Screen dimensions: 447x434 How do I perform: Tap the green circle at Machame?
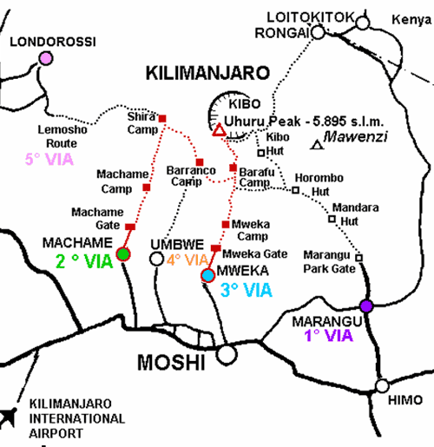point(123,253)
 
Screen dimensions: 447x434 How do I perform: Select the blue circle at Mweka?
point(207,276)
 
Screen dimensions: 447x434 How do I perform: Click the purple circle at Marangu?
point(366,305)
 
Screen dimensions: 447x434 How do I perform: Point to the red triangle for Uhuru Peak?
point(219,131)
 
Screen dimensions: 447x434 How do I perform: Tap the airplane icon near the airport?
point(11,417)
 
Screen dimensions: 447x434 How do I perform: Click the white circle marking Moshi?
point(227,353)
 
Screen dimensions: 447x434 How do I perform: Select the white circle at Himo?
point(383,386)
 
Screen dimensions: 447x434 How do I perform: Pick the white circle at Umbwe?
point(156,258)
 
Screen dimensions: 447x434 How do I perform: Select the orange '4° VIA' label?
point(188,258)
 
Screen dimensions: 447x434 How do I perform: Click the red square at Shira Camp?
point(162,118)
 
